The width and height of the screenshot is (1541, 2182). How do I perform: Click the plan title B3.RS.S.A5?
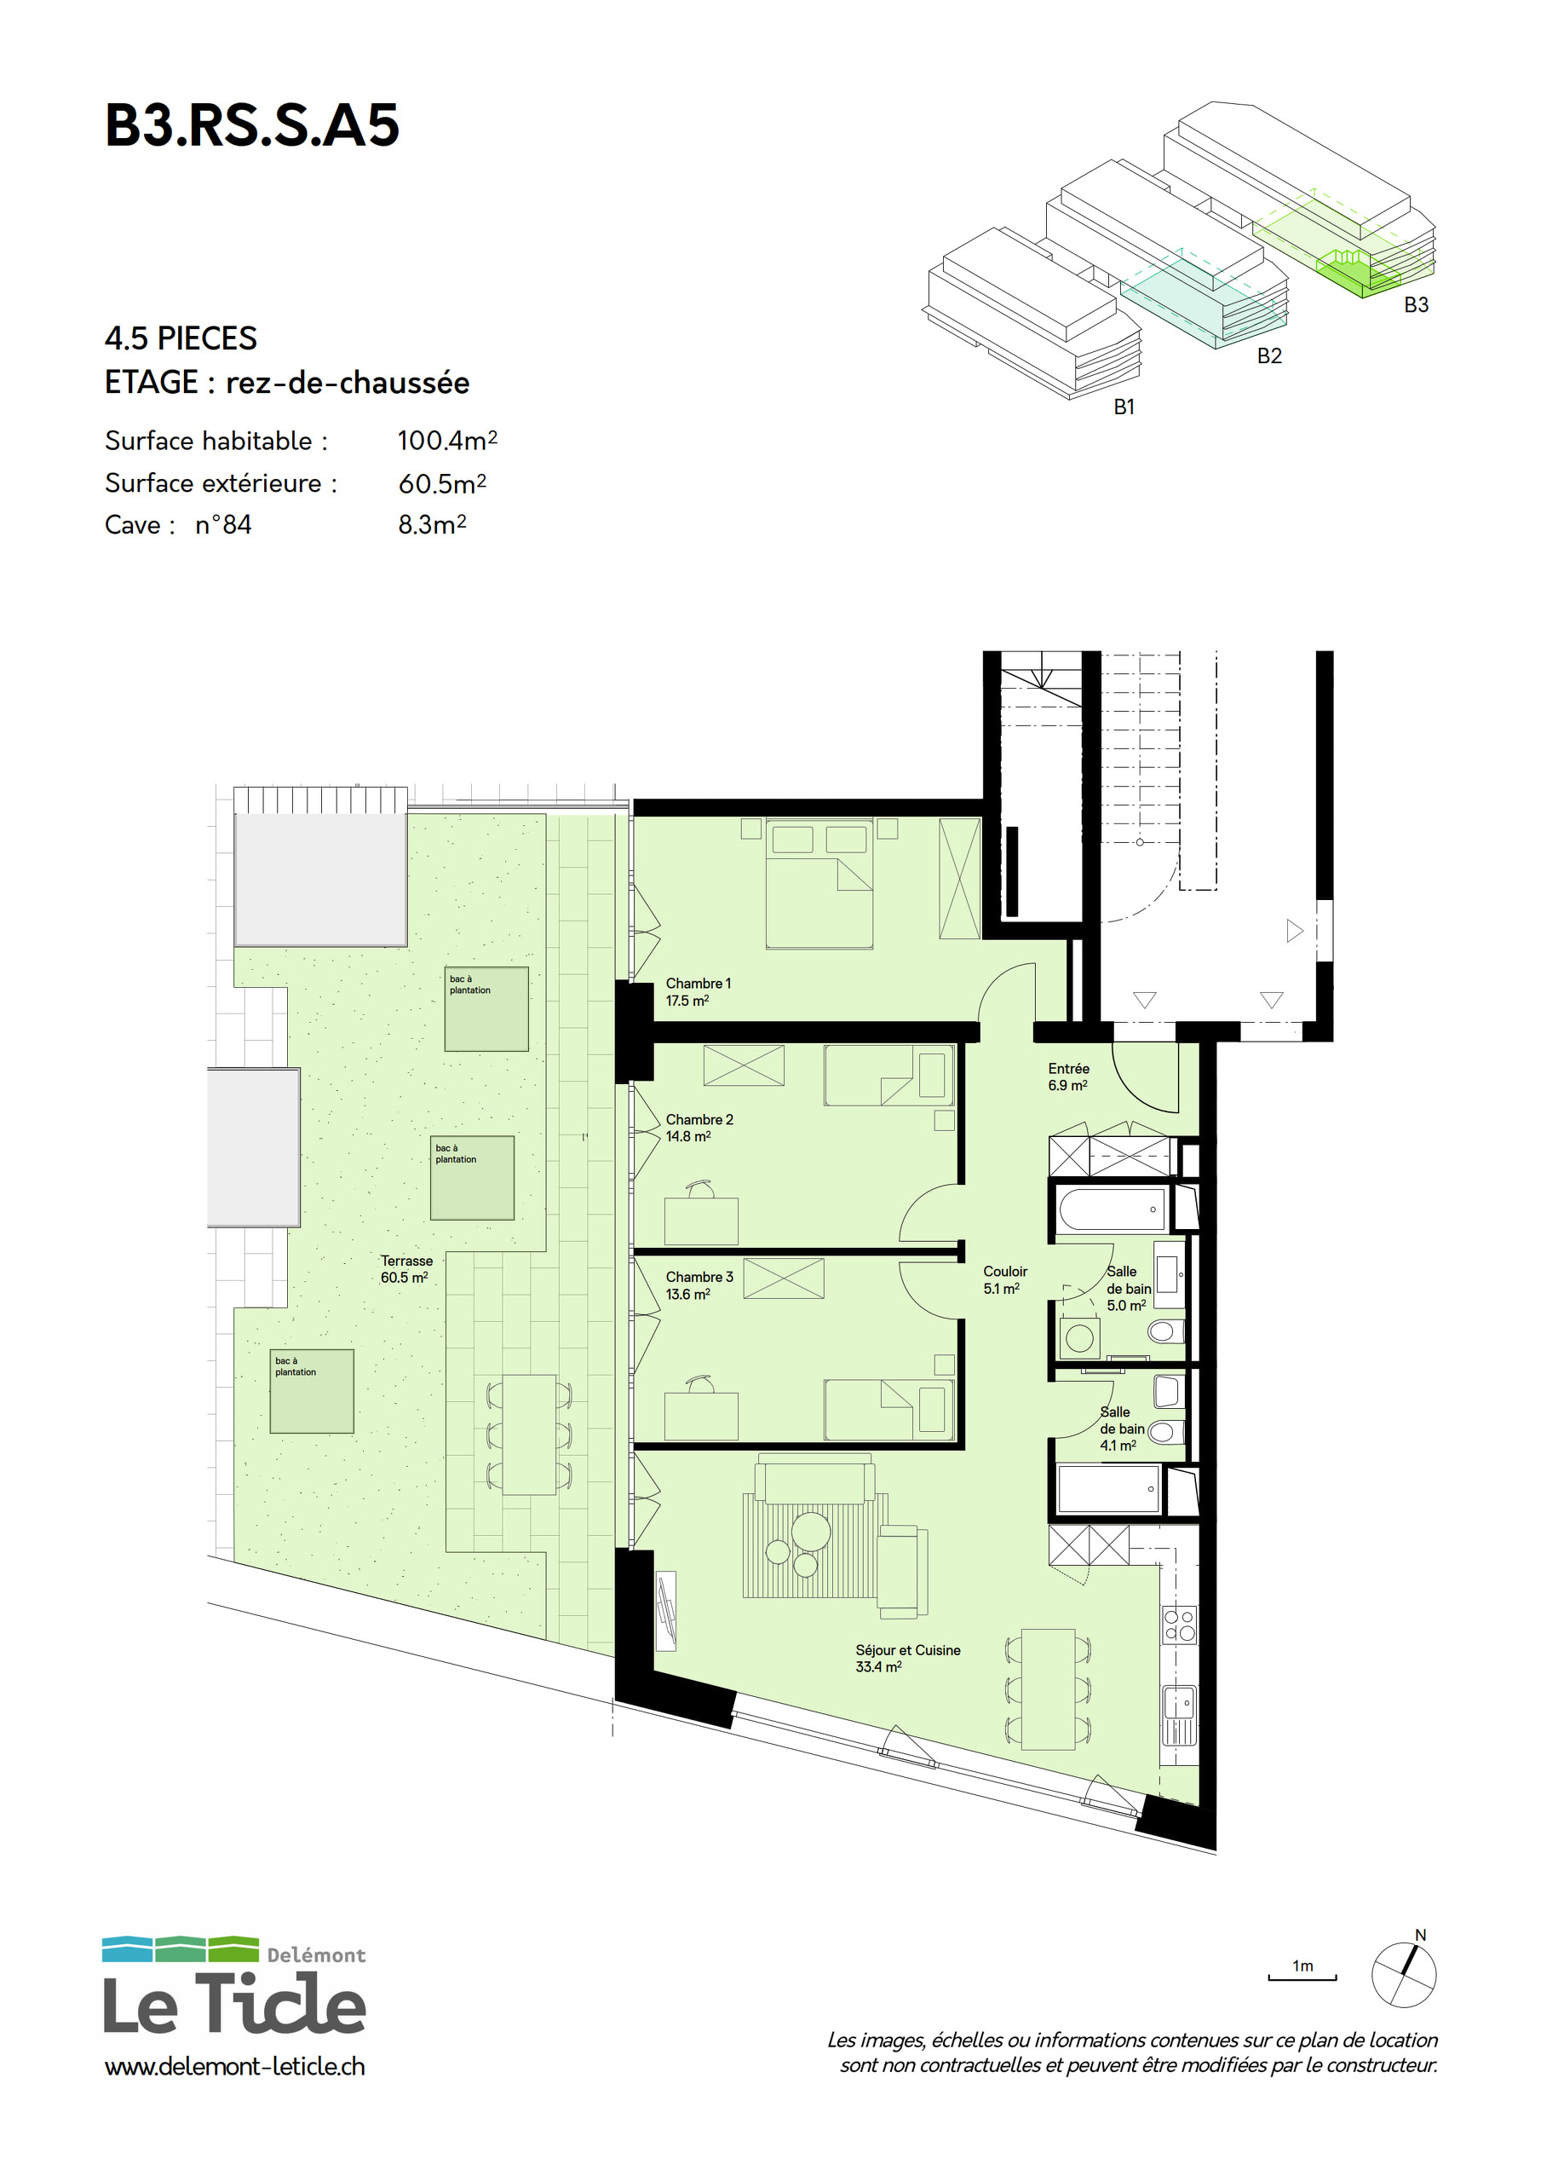[x=252, y=125]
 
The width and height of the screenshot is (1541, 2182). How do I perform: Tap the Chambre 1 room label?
[x=699, y=991]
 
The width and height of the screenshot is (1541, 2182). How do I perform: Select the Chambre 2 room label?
[x=699, y=1127]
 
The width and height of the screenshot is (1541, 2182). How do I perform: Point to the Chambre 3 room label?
[x=699, y=1284]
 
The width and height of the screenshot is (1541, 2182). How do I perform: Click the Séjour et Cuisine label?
[x=907, y=1659]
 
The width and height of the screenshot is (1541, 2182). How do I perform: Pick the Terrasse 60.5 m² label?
[x=406, y=1269]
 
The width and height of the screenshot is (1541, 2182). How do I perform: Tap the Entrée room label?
[x=1069, y=1077]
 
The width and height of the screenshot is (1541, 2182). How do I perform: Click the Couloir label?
[x=1005, y=1279]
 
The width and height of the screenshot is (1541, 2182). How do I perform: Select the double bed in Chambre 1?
[x=819, y=884]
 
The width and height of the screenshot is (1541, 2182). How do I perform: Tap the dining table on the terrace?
[x=529, y=1434]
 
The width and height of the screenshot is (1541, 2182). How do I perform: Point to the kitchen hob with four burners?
[x=1180, y=1625]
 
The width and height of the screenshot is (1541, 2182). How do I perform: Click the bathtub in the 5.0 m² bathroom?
[x=1112, y=1209]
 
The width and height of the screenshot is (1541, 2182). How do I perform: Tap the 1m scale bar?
[x=1302, y=1977]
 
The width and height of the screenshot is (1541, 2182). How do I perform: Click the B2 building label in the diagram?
[x=1269, y=355]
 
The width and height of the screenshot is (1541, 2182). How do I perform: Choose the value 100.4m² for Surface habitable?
[x=447, y=440]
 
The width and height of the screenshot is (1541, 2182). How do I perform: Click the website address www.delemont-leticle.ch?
[x=234, y=2066]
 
